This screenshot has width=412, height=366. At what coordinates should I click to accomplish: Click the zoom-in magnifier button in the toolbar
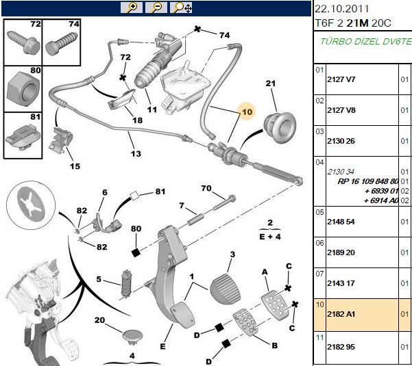(132, 8)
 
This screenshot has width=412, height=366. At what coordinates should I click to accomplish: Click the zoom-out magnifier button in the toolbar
(156, 8)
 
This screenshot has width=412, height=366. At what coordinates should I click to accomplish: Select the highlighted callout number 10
(247, 112)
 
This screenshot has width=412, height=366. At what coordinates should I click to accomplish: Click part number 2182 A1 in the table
(341, 314)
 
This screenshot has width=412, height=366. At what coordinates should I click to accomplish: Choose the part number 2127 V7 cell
(341, 79)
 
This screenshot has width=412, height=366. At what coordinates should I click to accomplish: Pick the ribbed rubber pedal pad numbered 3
(225, 289)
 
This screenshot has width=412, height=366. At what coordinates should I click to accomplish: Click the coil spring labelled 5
(127, 284)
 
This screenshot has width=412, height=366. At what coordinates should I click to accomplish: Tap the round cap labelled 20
(133, 337)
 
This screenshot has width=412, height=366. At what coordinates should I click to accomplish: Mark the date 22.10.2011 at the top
(341, 9)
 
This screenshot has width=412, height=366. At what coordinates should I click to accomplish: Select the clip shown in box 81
(23, 138)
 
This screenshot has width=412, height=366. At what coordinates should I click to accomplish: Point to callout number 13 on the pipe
(136, 154)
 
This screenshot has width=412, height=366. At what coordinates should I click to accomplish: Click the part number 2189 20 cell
(341, 252)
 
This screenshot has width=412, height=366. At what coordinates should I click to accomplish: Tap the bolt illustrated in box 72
(23, 42)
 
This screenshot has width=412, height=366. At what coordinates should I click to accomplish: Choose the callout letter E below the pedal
(163, 346)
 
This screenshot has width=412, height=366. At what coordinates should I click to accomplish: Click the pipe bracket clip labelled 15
(61, 140)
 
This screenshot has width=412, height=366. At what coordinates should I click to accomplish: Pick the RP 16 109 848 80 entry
(368, 181)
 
